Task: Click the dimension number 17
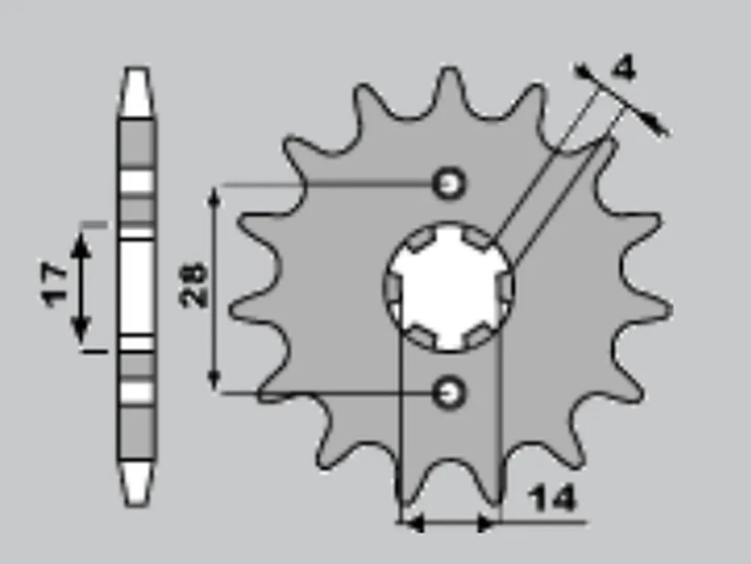coord(54,284)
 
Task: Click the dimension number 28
coord(193,285)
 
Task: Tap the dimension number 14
coord(552,499)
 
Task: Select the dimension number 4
coord(624,68)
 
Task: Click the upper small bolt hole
coord(449,183)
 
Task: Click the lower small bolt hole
coord(449,393)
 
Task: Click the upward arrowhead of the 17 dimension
coord(81,245)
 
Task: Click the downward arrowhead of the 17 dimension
coord(81,330)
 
